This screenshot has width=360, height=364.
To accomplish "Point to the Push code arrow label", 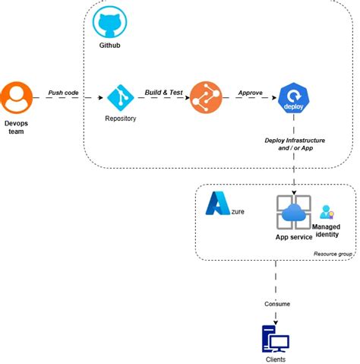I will click(x=64, y=93).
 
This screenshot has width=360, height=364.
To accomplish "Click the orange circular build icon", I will click(x=204, y=97).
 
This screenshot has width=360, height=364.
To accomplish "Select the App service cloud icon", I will click(x=293, y=214).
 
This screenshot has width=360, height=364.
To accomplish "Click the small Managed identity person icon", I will click(x=327, y=212).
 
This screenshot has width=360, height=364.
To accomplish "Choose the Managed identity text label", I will click(x=327, y=230).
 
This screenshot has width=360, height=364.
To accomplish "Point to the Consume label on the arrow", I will click(x=277, y=304).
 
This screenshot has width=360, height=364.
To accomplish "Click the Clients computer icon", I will click(x=276, y=337).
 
